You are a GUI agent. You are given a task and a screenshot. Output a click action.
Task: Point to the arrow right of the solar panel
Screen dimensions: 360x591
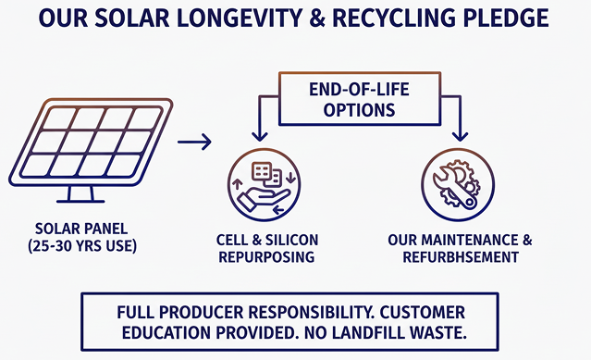tap(193, 142)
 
